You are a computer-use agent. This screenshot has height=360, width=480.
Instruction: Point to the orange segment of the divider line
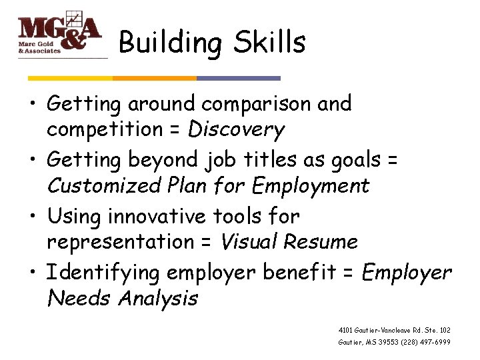point(155,78)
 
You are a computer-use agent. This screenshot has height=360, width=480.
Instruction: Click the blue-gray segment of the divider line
point(239,78)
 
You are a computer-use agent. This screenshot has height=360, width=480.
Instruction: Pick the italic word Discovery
point(236,130)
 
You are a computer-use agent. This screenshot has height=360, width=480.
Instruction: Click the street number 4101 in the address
point(346,330)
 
